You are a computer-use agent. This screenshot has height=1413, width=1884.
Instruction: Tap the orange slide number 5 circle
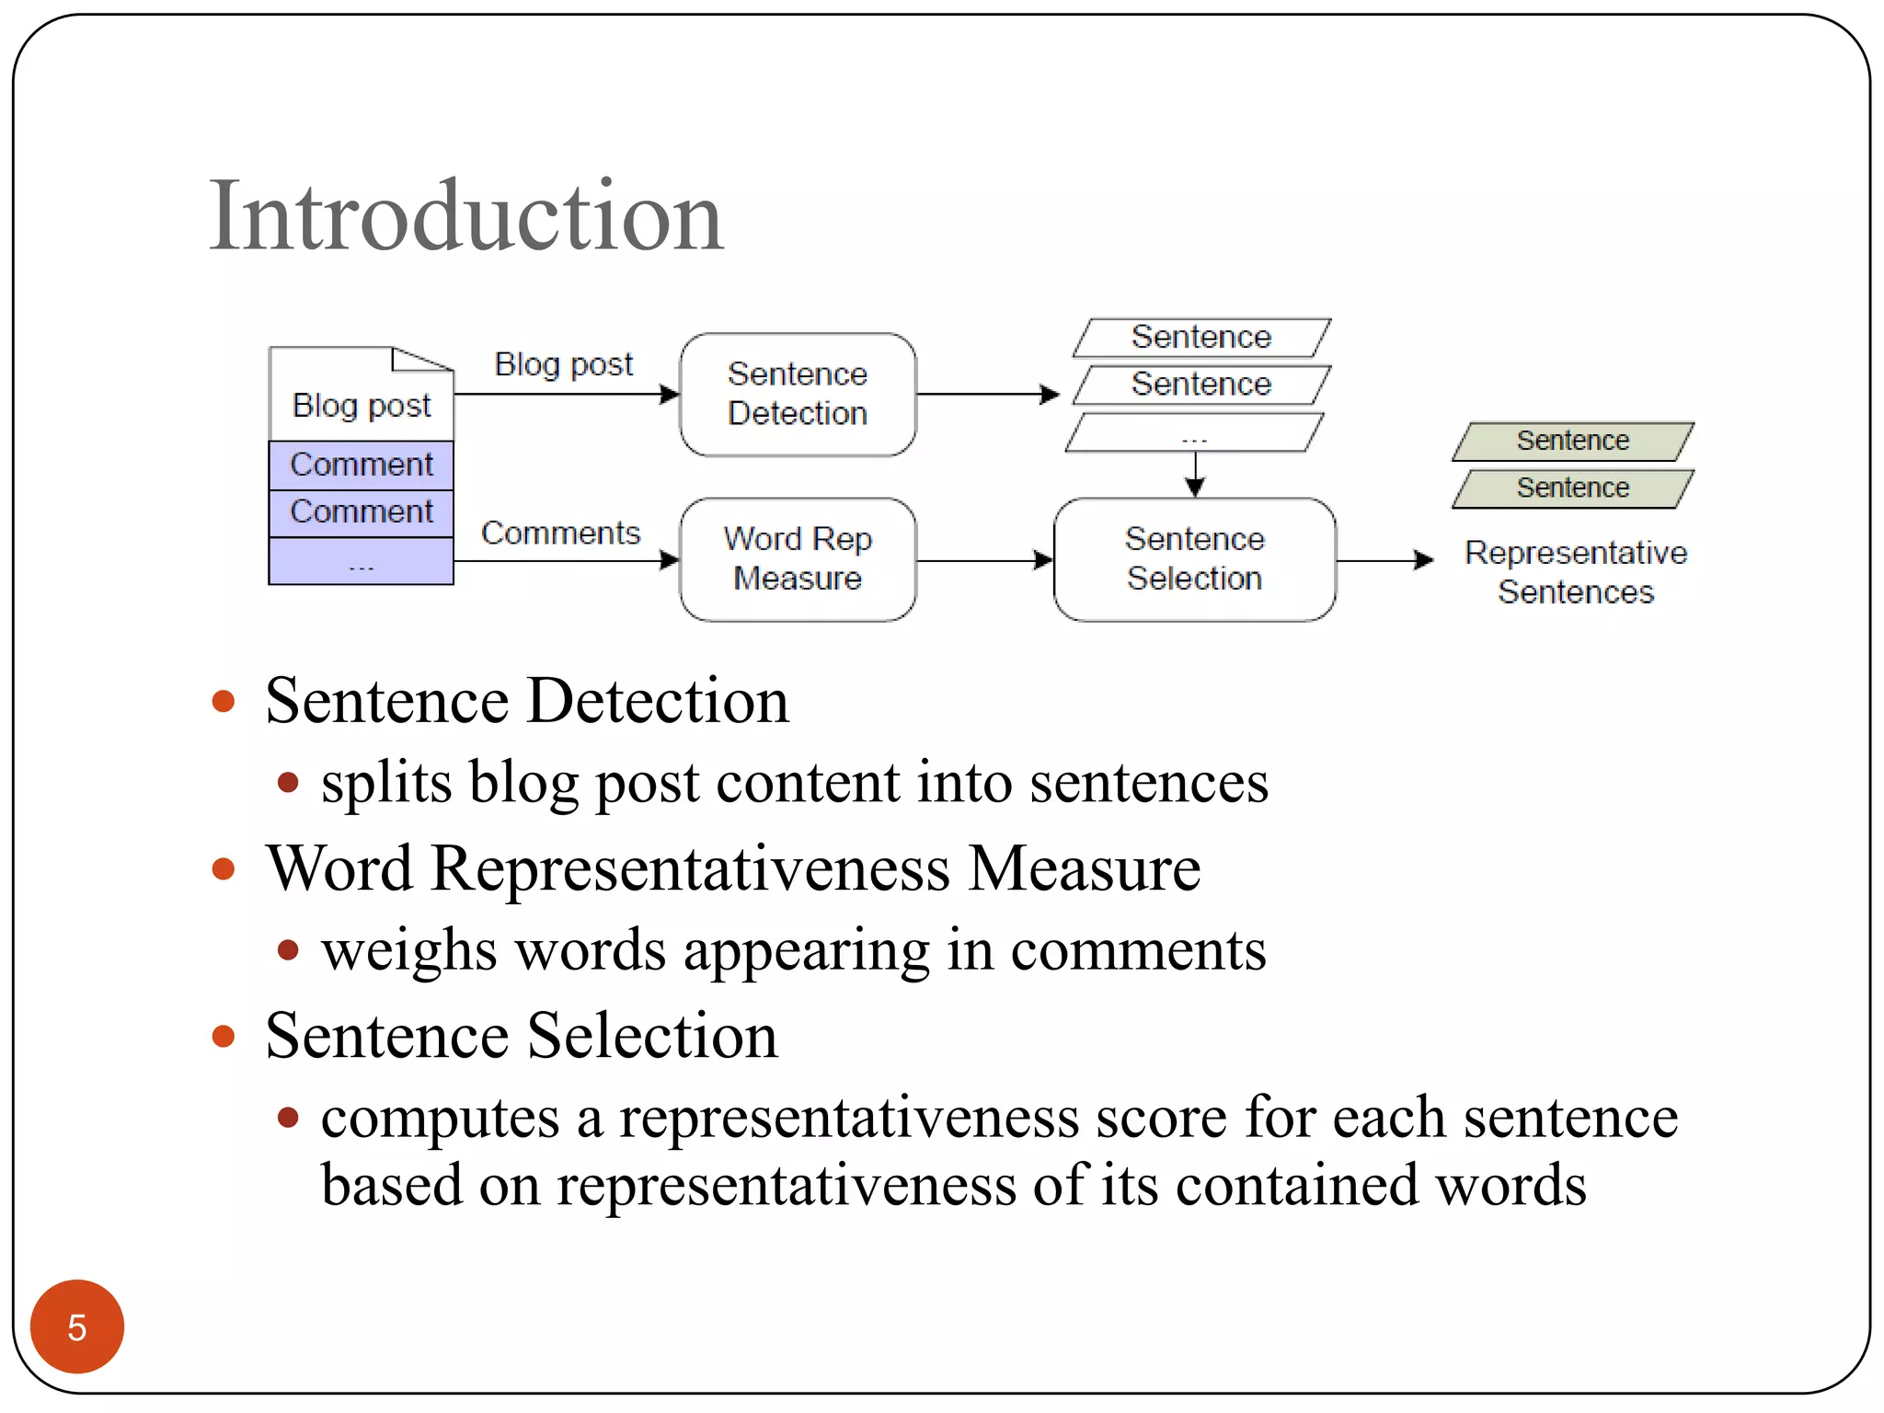[x=76, y=1326]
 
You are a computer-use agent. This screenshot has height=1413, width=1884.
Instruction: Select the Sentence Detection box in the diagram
[x=797, y=394]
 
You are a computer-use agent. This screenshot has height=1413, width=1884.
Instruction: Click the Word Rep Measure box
[x=797, y=558]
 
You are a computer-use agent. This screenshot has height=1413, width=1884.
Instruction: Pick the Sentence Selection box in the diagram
[x=1194, y=558]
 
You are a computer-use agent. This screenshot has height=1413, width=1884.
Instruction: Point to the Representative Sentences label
[x=1575, y=571]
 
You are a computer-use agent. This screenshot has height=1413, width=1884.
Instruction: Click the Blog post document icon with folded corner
[x=361, y=394]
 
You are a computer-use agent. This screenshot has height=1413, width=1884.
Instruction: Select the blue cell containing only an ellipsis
[x=361, y=561]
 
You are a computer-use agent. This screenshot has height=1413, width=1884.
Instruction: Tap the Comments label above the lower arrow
[x=560, y=533]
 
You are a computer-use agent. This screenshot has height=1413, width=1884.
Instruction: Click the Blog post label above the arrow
[x=563, y=364]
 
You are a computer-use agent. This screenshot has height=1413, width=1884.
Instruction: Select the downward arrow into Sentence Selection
[x=1194, y=475]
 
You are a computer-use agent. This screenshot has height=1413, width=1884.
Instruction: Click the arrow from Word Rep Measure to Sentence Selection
[x=984, y=560]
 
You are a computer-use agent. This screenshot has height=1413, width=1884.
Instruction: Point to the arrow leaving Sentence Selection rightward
[x=1384, y=559]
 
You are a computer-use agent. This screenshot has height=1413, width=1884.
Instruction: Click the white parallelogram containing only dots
[x=1194, y=433]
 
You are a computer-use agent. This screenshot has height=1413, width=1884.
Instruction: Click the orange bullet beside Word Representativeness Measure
[x=223, y=869]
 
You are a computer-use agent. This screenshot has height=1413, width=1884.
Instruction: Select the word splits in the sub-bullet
[x=386, y=783]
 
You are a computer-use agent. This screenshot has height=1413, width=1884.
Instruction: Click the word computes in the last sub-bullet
[x=440, y=1119]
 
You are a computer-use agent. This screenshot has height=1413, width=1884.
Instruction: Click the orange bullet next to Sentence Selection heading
[x=223, y=1037]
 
